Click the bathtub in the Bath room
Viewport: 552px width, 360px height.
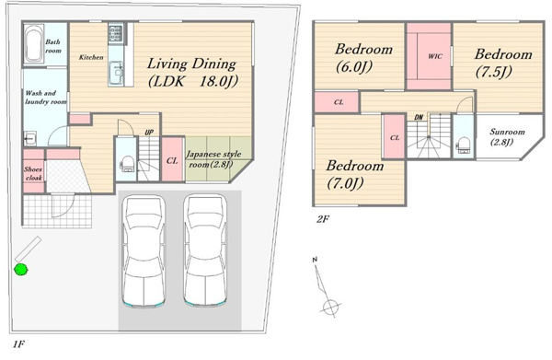[34, 44]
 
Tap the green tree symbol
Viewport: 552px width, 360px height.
[21, 270]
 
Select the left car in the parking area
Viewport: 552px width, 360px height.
[144, 251]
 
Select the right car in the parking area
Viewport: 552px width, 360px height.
[205, 251]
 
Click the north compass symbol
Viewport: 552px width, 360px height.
[326, 287]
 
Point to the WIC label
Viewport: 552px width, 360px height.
[435, 56]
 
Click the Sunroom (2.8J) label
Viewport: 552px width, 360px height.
[507, 136]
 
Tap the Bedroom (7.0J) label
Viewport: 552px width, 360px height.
[354, 174]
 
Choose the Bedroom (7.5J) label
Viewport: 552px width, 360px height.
[503, 63]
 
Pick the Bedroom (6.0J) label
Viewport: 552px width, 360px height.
[363, 57]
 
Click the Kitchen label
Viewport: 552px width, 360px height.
[91, 57]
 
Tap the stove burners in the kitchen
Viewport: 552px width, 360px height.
[116, 33]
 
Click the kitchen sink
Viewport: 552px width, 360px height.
[116, 73]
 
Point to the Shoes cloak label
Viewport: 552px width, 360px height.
[33, 173]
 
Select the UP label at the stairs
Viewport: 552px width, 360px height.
[149, 133]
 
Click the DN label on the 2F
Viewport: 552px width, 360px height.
[419, 117]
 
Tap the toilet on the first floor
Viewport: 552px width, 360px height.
[126, 164]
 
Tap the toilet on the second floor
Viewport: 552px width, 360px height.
[463, 145]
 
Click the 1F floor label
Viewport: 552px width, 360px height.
[18, 343]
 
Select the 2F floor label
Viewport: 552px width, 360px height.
[323, 219]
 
